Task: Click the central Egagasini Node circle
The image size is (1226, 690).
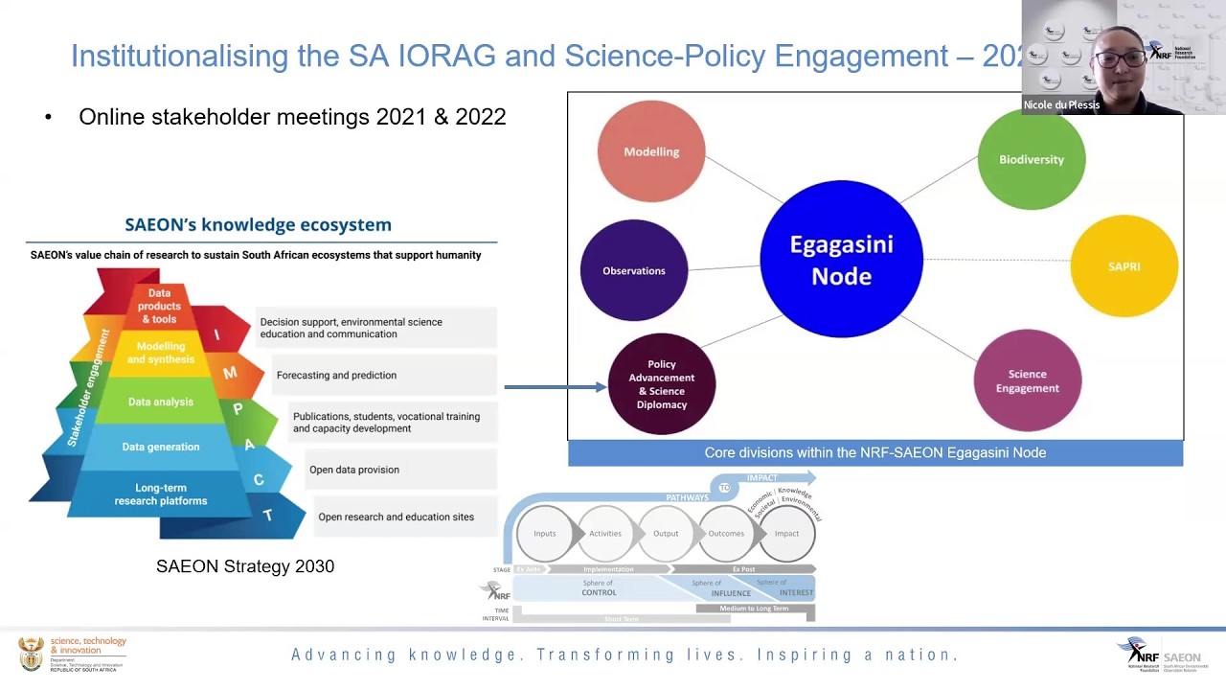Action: pyautogui.click(x=841, y=260)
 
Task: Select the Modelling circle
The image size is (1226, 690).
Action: pyautogui.click(x=651, y=151)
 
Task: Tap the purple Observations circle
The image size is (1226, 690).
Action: pyautogui.click(x=633, y=270)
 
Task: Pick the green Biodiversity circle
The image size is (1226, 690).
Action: pyautogui.click(x=1031, y=159)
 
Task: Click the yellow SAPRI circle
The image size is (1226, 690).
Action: pyautogui.click(x=1124, y=266)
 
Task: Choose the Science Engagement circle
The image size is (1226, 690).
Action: pyautogui.click(x=1027, y=380)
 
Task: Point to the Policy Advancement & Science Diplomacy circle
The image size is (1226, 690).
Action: pyautogui.click(x=661, y=384)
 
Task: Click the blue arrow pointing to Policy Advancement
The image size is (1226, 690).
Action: pyautogui.click(x=555, y=387)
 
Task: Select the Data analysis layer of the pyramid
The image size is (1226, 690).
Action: pyautogui.click(x=160, y=402)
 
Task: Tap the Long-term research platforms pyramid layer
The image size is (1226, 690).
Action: pyautogui.click(x=160, y=494)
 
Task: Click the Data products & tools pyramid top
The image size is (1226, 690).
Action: pyautogui.click(x=159, y=306)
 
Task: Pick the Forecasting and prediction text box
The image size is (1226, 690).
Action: pyautogui.click(x=383, y=375)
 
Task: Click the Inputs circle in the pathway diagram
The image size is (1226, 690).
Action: pyautogui.click(x=544, y=533)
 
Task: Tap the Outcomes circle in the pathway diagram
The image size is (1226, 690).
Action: pyautogui.click(x=725, y=533)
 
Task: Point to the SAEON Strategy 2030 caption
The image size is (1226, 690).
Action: pyautogui.click(x=245, y=566)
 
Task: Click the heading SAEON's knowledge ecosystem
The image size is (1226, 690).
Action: pyautogui.click(x=258, y=224)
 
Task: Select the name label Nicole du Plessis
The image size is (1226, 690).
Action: pyautogui.click(x=1060, y=105)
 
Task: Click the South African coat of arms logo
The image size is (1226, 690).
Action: pyautogui.click(x=31, y=655)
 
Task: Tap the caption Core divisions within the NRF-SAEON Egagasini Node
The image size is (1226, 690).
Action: pyautogui.click(x=874, y=452)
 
